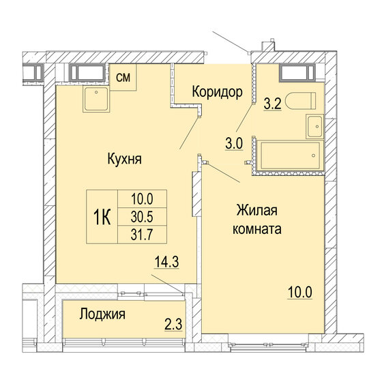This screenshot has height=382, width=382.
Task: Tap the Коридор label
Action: click(x=217, y=92)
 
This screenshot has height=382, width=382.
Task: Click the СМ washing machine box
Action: click(x=123, y=77)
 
